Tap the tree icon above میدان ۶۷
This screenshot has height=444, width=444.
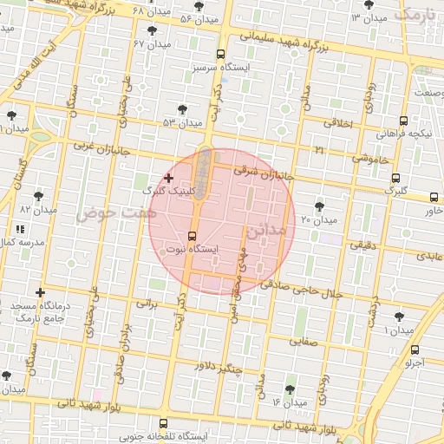pos(153,30)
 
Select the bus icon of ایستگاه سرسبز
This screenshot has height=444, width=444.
pos(222,53)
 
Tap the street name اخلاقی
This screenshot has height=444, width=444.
pos(339,124)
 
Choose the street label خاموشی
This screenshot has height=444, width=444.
pos(370,159)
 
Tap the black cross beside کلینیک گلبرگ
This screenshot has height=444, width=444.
pos(168,177)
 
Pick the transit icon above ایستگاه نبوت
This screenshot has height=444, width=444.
pos(192,234)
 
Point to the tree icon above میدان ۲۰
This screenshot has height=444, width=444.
pos(319,206)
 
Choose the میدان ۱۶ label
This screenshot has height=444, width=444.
pos(290,402)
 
